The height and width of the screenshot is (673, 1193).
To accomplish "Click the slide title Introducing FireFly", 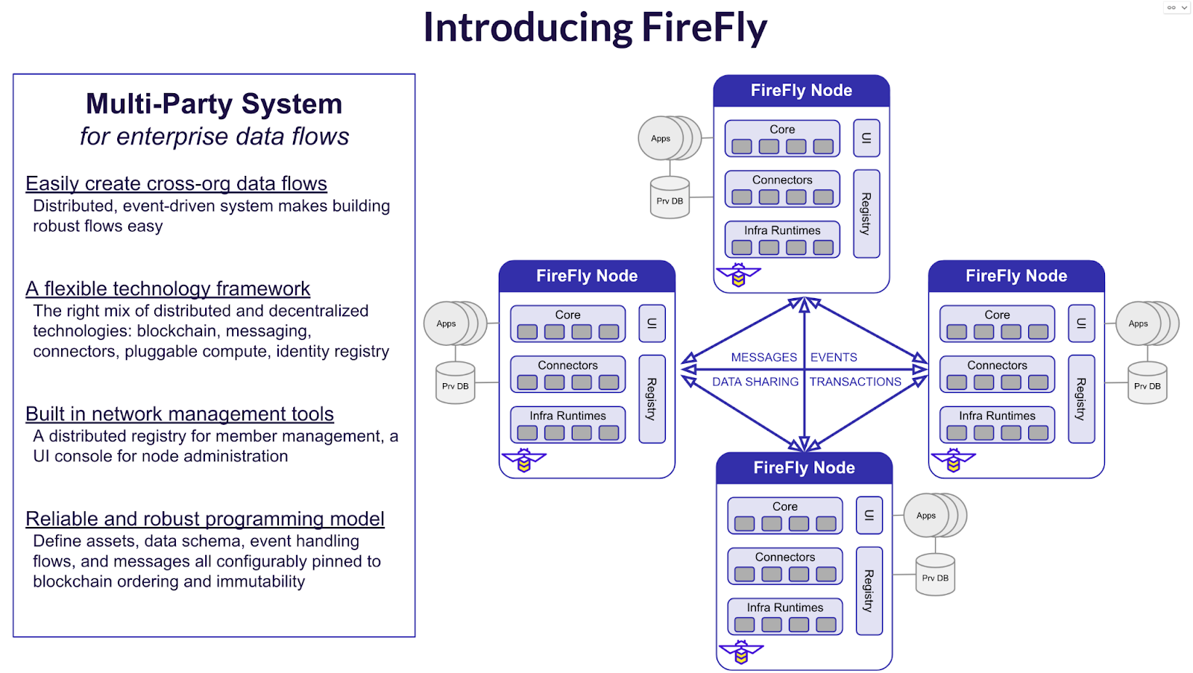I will pyautogui.click(x=595, y=28).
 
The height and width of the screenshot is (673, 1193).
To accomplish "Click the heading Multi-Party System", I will pyautogui.click(x=214, y=104).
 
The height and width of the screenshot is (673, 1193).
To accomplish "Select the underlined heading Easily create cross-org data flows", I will pyautogui.click(x=176, y=183).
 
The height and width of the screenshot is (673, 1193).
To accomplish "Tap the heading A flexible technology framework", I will pyautogui.click(x=168, y=288).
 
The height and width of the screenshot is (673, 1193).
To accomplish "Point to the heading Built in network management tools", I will pyautogui.click(x=180, y=414).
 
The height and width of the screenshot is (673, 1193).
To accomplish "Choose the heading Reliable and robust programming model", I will pyautogui.click(x=205, y=519).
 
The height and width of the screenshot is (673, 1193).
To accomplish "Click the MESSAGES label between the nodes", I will pyautogui.click(x=764, y=358).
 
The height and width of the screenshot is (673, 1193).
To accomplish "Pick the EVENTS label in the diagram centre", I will pyautogui.click(x=834, y=358).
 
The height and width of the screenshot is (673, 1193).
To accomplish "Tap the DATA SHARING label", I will pyautogui.click(x=755, y=382).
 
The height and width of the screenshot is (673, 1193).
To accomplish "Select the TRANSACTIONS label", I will pyautogui.click(x=855, y=382).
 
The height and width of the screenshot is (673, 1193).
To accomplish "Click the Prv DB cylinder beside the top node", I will pyautogui.click(x=670, y=198).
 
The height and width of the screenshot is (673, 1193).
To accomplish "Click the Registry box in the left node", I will pyautogui.click(x=652, y=399).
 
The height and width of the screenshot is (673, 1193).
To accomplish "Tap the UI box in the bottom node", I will pyautogui.click(x=869, y=515).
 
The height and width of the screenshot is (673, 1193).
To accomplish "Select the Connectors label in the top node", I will pyautogui.click(x=782, y=180).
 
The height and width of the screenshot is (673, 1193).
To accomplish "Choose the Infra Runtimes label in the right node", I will pyautogui.click(x=997, y=416).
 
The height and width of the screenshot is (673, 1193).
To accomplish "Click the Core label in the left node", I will pyautogui.click(x=567, y=315).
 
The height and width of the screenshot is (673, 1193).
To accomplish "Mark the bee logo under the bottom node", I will pyautogui.click(x=741, y=653).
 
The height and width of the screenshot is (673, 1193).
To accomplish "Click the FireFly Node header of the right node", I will pyautogui.click(x=1016, y=277).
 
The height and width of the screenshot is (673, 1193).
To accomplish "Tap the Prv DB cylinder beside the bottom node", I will pyautogui.click(x=935, y=575).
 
